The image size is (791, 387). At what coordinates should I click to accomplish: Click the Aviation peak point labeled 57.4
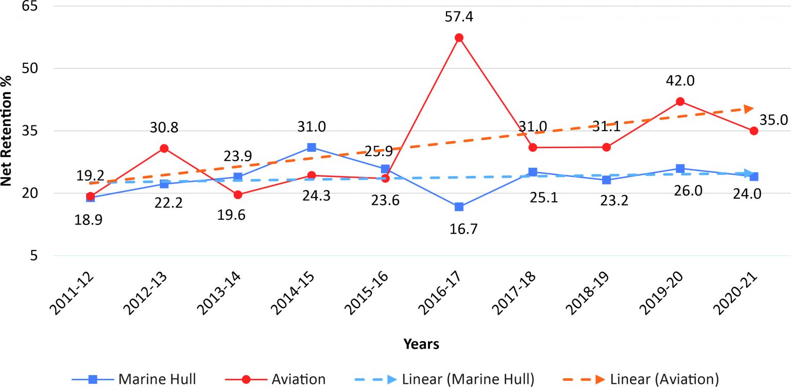(459, 38)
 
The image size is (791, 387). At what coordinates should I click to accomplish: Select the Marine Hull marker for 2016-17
(459, 207)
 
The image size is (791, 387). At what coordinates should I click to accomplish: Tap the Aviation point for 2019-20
(680, 101)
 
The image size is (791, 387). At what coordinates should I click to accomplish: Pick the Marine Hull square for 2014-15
(312, 148)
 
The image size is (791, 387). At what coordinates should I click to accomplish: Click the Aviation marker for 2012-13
(164, 148)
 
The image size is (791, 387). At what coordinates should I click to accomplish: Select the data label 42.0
(680, 81)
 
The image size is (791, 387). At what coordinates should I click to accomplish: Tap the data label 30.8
(164, 127)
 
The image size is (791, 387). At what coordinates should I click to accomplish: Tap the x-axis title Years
(421, 344)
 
